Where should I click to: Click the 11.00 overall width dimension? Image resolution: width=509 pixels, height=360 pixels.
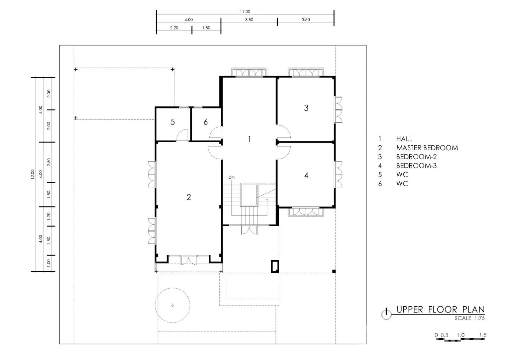point(245,12)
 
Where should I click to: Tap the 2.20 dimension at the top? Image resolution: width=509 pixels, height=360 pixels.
point(174,28)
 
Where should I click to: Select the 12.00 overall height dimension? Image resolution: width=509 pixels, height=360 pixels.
point(33,174)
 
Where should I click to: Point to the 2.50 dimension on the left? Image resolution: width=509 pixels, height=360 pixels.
point(48,162)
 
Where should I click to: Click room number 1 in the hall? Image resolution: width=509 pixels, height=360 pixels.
point(249,139)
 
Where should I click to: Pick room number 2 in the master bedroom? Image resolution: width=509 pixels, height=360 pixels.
point(189,197)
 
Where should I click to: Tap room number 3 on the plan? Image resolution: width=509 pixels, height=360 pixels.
point(306,108)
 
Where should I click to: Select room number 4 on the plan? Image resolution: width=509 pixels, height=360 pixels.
point(306,175)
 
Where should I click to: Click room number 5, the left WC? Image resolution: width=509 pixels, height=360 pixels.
point(173,122)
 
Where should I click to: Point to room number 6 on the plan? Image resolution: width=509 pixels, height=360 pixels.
point(205,122)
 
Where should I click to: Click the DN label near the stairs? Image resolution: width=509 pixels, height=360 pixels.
point(231,177)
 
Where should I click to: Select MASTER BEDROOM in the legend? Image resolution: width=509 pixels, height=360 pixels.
point(427,148)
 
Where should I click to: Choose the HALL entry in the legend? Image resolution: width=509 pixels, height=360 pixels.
point(404,139)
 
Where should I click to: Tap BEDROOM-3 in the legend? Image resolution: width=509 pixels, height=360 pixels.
point(416,166)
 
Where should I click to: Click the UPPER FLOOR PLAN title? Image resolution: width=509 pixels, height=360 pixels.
point(440,309)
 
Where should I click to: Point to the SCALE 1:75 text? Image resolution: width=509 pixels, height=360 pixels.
point(470,318)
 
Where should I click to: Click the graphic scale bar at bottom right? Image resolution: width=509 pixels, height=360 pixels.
point(461,340)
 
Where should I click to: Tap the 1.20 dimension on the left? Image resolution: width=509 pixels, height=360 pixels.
point(48,216)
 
